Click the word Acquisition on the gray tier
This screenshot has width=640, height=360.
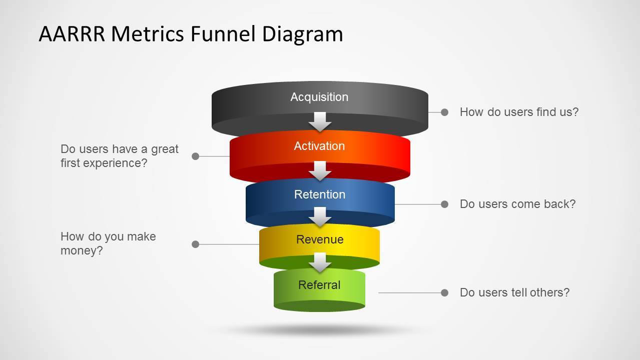click(x=319, y=97)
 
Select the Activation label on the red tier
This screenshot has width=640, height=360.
click(x=319, y=146)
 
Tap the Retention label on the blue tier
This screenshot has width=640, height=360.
click(x=320, y=194)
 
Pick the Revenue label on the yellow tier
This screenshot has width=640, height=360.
click(x=320, y=239)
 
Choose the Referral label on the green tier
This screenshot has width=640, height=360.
click(x=319, y=285)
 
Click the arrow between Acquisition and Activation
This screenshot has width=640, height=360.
click(x=320, y=121)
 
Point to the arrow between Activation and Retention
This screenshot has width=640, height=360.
click(x=320, y=170)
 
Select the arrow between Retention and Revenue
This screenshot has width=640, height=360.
click(x=320, y=216)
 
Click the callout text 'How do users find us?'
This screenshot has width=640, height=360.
click(x=519, y=112)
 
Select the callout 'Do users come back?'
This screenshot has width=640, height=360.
click(x=517, y=204)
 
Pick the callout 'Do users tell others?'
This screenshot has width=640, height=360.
click(x=514, y=292)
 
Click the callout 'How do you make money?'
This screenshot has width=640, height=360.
click(x=108, y=243)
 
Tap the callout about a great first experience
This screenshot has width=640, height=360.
click(x=119, y=156)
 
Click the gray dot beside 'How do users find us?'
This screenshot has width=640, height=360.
click(x=444, y=112)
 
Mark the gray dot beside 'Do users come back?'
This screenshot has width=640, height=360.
click(x=444, y=204)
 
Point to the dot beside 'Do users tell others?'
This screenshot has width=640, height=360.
click(x=444, y=292)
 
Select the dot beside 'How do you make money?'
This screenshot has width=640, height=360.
click(x=196, y=244)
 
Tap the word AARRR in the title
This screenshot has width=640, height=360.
click(x=72, y=34)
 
